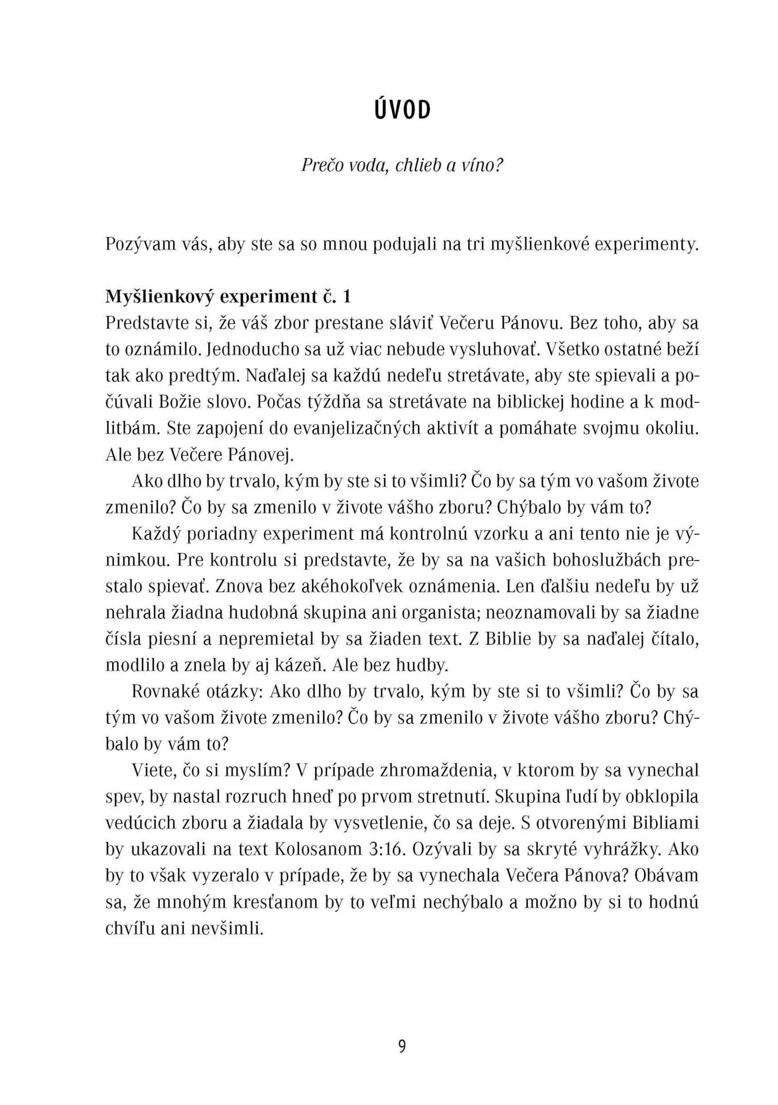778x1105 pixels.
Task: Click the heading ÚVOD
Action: (x=402, y=110)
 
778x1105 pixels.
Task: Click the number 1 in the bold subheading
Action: (x=346, y=297)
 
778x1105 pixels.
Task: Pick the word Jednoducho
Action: (x=248, y=349)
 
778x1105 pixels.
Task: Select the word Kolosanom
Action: (x=316, y=849)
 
